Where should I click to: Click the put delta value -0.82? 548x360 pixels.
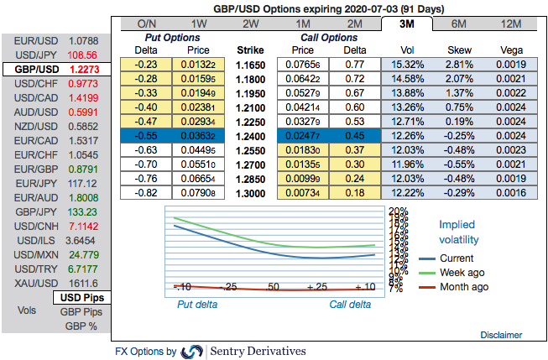pos(148,193)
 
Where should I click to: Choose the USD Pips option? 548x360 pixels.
pos(82,298)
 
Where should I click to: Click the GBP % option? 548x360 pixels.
pos(82,326)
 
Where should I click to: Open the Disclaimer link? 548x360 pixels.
pos(502,335)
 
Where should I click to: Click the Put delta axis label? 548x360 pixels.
pos(196,305)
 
